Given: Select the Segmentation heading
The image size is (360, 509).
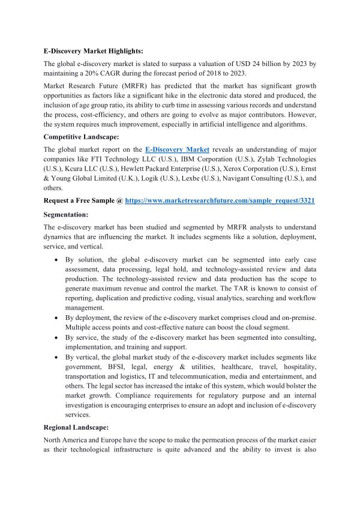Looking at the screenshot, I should tap(66, 215).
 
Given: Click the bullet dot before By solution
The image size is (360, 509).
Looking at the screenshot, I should tap(55, 260).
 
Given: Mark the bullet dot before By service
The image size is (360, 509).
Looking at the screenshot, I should tap(55, 339).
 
